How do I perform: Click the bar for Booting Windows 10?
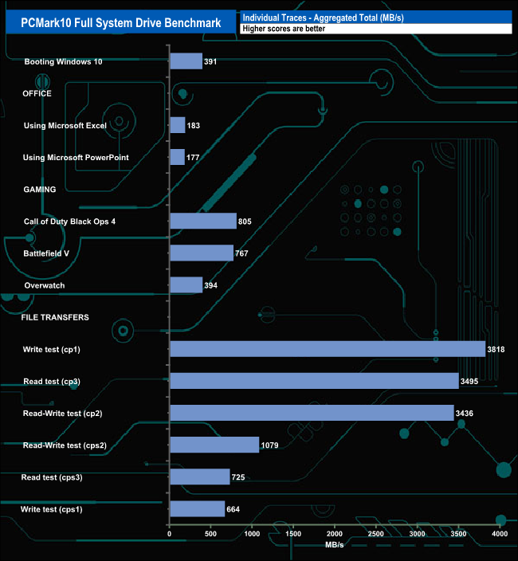(x=186, y=61)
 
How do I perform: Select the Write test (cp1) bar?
(x=328, y=349)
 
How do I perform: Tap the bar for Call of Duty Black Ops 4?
(x=203, y=221)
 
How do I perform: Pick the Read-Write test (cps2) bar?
(x=214, y=445)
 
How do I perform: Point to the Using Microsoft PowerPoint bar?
(x=178, y=157)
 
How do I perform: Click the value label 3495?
(x=471, y=381)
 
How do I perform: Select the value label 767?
(x=245, y=253)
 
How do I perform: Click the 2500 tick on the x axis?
(x=376, y=534)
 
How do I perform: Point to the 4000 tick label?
(x=500, y=534)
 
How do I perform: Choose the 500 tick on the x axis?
(x=211, y=534)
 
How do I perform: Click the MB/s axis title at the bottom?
(x=335, y=545)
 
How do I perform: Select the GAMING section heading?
(x=39, y=190)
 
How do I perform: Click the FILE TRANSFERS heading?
(x=55, y=317)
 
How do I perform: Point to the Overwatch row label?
(x=45, y=285)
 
